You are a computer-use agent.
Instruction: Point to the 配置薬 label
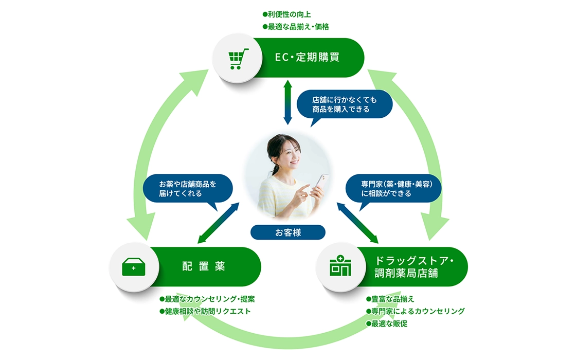[204, 267]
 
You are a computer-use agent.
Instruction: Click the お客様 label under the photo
[288, 232]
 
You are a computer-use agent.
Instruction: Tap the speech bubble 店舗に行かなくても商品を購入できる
[345, 104]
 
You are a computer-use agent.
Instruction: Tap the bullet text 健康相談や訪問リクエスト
[208, 311]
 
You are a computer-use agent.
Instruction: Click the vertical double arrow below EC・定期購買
[287, 102]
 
